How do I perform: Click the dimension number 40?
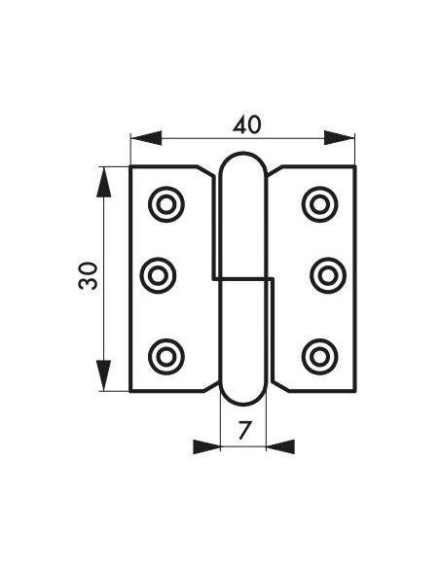pyautogui.click(x=246, y=124)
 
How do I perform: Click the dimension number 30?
pyautogui.click(x=88, y=276)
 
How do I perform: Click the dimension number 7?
pyautogui.click(x=245, y=430)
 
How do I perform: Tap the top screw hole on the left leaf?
pyautogui.click(x=166, y=204)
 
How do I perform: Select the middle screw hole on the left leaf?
pyautogui.click(x=158, y=276)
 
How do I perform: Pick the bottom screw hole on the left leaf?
pyautogui.click(x=166, y=357)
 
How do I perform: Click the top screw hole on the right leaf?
pyautogui.click(x=319, y=204)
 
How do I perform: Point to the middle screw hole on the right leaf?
pyautogui.click(x=328, y=276)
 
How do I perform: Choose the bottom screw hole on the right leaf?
pyautogui.click(x=319, y=357)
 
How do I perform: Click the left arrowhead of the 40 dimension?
pyautogui.click(x=146, y=138)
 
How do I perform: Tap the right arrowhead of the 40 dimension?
pyautogui.click(x=339, y=138)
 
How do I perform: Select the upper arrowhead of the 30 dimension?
pyautogui.click(x=103, y=182)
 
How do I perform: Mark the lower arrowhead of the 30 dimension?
pyautogui.click(x=103, y=375)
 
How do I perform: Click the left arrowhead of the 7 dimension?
pyautogui.click(x=207, y=446)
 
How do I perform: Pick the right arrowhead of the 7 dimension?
pyautogui.click(x=280, y=446)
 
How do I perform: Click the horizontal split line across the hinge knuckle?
pyautogui.click(x=242, y=279)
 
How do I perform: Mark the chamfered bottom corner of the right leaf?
pyautogui.click(x=281, y=386)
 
